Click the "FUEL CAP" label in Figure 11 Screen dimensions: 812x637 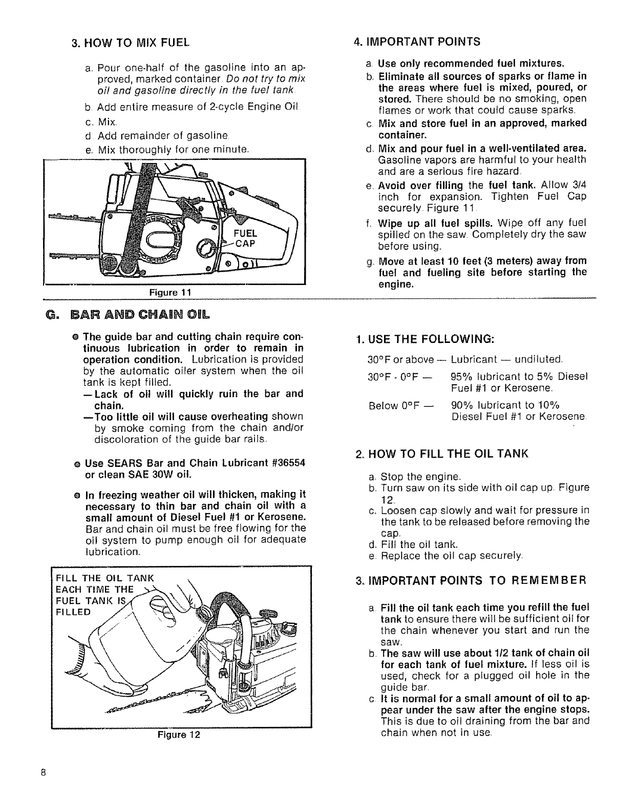coord(245,238)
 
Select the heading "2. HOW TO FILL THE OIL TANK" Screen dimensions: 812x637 coord(441,454)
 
